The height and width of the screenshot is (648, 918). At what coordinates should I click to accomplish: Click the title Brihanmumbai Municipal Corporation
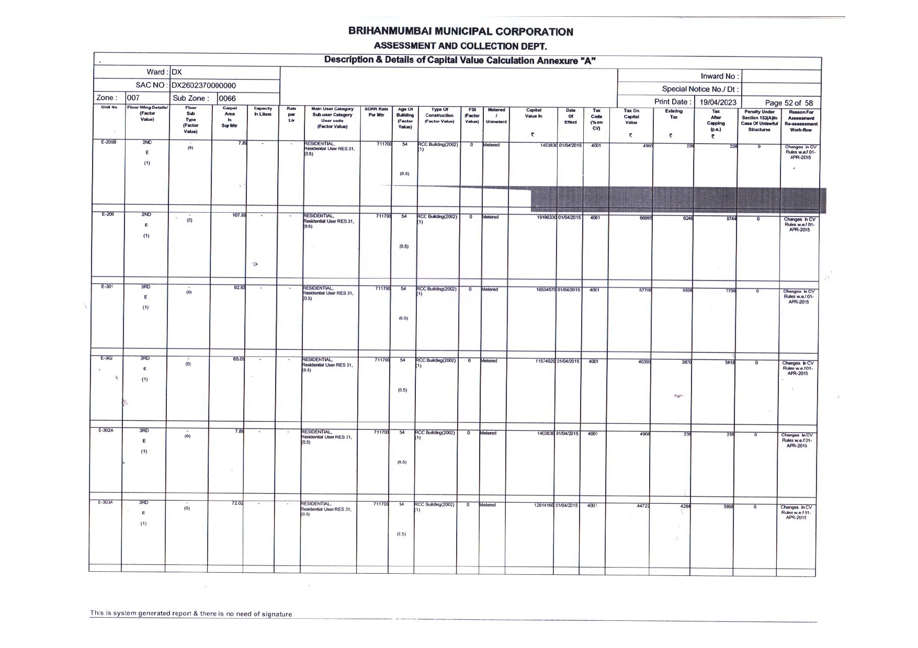[460, 32]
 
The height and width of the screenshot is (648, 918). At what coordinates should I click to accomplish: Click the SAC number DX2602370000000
[203, 86]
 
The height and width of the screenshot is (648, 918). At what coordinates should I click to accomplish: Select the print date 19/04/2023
[718, 102]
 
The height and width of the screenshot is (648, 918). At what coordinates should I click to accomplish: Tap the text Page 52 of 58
[788, 103]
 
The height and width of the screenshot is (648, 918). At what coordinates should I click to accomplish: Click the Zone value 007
[133, 98]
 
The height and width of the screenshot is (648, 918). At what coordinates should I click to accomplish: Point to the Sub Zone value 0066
[227, 98]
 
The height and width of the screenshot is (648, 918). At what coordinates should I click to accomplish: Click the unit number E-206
[108, 214]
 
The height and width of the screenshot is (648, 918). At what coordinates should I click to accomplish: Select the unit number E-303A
[106, 502]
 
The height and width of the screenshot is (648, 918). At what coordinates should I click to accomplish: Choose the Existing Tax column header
[673, 114]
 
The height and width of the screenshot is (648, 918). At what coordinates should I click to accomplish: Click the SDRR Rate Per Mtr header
[376, 112]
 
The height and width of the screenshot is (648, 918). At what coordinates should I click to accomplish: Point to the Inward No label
[719, 76]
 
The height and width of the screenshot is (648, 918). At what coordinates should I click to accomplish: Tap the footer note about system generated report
[191, 614]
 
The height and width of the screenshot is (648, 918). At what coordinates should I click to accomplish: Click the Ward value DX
[176, 72]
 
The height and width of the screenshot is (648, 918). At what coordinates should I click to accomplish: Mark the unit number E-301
[107, 286]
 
